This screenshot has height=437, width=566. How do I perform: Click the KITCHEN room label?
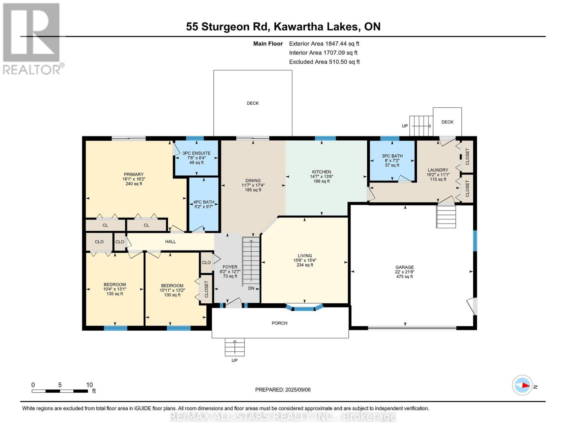[x=321, y=172]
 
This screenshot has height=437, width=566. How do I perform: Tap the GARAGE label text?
[x=404, y=267]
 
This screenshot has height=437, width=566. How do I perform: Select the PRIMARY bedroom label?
[x=134, y=174]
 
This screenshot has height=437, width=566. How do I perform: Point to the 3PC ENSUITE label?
[x=196, y=153]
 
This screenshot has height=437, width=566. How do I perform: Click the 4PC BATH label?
[x=204, y=202]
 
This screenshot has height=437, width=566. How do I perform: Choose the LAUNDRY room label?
[x=438, y=170]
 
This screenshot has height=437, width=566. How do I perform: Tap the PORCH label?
[x=280, y=323]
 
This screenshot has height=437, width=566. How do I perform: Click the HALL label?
[x=170, y=241]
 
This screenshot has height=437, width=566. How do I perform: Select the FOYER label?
[x=230, y=267]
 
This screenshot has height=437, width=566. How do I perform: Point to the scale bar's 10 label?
[x=89, y=385]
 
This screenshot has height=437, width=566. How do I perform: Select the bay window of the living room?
[x=304, y=308]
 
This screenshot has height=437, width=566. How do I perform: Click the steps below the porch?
[x=235, y=347]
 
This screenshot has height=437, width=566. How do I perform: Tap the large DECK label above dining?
[x=253, y=103]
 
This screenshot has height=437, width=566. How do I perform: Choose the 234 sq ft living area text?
[x=304, y=265]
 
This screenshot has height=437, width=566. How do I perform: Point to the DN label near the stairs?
[x=251, y=288]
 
